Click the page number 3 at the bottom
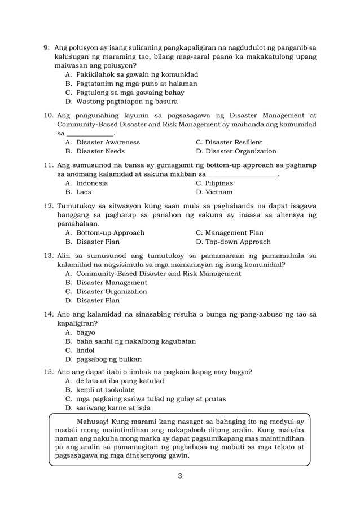point(179,476)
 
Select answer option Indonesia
point(91,183)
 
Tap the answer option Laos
point(85,192)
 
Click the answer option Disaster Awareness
point(108,143)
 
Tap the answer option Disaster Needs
point(100,152)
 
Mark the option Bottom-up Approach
point(110,233)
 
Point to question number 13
point(49,256)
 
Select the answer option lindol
point(85,350)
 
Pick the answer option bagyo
point(85,332)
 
